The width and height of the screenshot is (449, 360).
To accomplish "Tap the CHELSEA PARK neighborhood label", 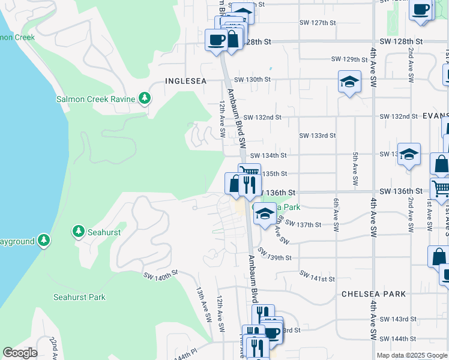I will click(373, 294).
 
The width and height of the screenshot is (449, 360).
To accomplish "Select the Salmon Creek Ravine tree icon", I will click(144, 98).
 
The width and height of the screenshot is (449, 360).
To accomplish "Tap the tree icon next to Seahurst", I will click(78, 231).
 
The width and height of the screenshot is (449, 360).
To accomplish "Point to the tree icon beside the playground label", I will click(43, 241).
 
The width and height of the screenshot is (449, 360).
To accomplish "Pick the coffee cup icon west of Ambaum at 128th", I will click(216, 41).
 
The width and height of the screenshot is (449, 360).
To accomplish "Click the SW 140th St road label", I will click(161, 275).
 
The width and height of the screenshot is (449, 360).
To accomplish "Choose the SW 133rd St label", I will click(318, 136).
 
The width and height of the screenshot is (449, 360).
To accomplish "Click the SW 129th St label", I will click(349, 59).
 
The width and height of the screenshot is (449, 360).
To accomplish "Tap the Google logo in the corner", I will click(20, 353).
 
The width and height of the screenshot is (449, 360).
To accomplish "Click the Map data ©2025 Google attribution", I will click(411, 355).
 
